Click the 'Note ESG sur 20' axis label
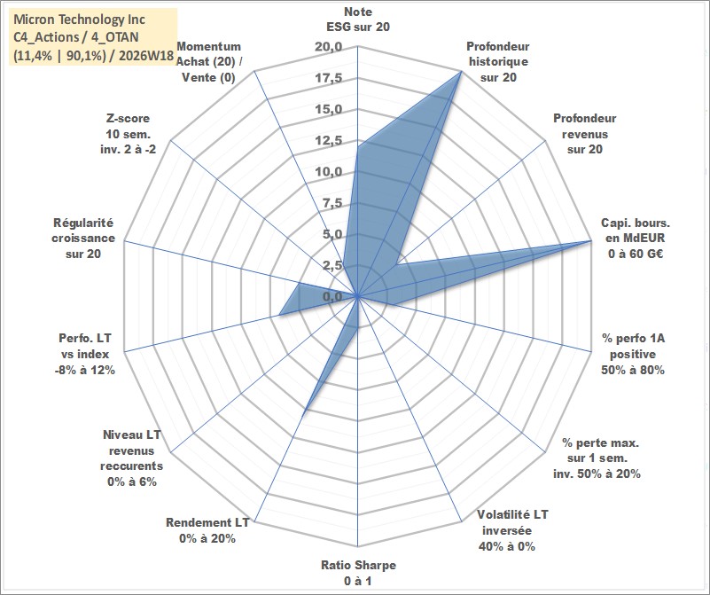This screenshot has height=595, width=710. pos(358,19)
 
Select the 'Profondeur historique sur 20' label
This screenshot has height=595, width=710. pos(498,61)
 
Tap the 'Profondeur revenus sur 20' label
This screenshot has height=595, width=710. pos(584,134)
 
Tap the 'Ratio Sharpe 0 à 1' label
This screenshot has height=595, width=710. pos(358,573)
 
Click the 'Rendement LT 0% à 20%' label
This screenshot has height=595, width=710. pos(207,530)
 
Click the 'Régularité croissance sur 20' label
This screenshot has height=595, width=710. pos(83,239)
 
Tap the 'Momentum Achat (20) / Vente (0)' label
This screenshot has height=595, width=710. pos(208,61)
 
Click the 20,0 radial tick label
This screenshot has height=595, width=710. pos(329,47)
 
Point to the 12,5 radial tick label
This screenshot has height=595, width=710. pos(329,140)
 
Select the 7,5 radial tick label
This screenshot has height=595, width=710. pos(332,203)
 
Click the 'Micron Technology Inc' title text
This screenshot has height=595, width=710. pos(80,20)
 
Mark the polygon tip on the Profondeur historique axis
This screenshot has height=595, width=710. pos(461,72)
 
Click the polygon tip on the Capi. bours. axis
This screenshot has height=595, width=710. pos(591,240)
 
